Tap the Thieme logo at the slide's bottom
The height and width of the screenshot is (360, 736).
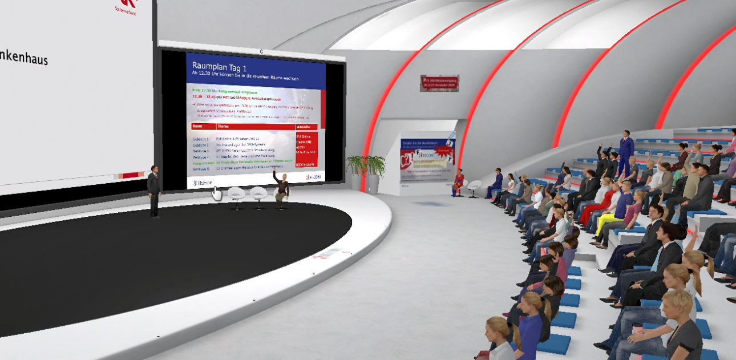coord(203,183)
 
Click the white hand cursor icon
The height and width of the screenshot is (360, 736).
coord(217,193)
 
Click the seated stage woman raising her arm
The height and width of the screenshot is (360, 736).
coord(281,189)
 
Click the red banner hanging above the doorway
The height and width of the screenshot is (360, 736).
coord(439,83)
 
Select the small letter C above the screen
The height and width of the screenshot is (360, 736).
coord(261,51)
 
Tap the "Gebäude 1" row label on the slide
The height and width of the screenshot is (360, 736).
coord(201,139)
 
